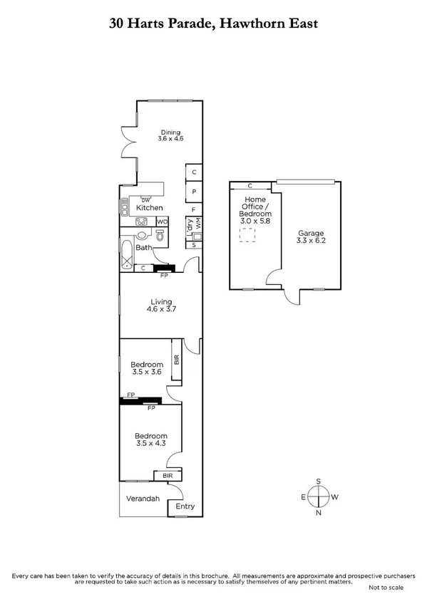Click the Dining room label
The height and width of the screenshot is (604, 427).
coord(170,132)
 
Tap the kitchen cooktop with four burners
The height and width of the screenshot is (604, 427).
coord(141,222)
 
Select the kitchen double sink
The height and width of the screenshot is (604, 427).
coord(123,208)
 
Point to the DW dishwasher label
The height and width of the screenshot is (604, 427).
coord(145,199)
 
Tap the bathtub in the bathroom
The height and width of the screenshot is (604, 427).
coord(127,255)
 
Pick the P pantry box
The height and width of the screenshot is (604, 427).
coord(194,192)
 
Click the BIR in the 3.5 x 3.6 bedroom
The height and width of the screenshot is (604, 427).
coord(176,360)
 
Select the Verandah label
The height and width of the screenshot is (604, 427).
coord(143,499)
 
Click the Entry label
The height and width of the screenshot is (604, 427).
coord(185,506)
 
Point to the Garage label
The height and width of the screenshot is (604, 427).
coord(311,233)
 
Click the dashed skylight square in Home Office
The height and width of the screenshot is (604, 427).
coord(247,236)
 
